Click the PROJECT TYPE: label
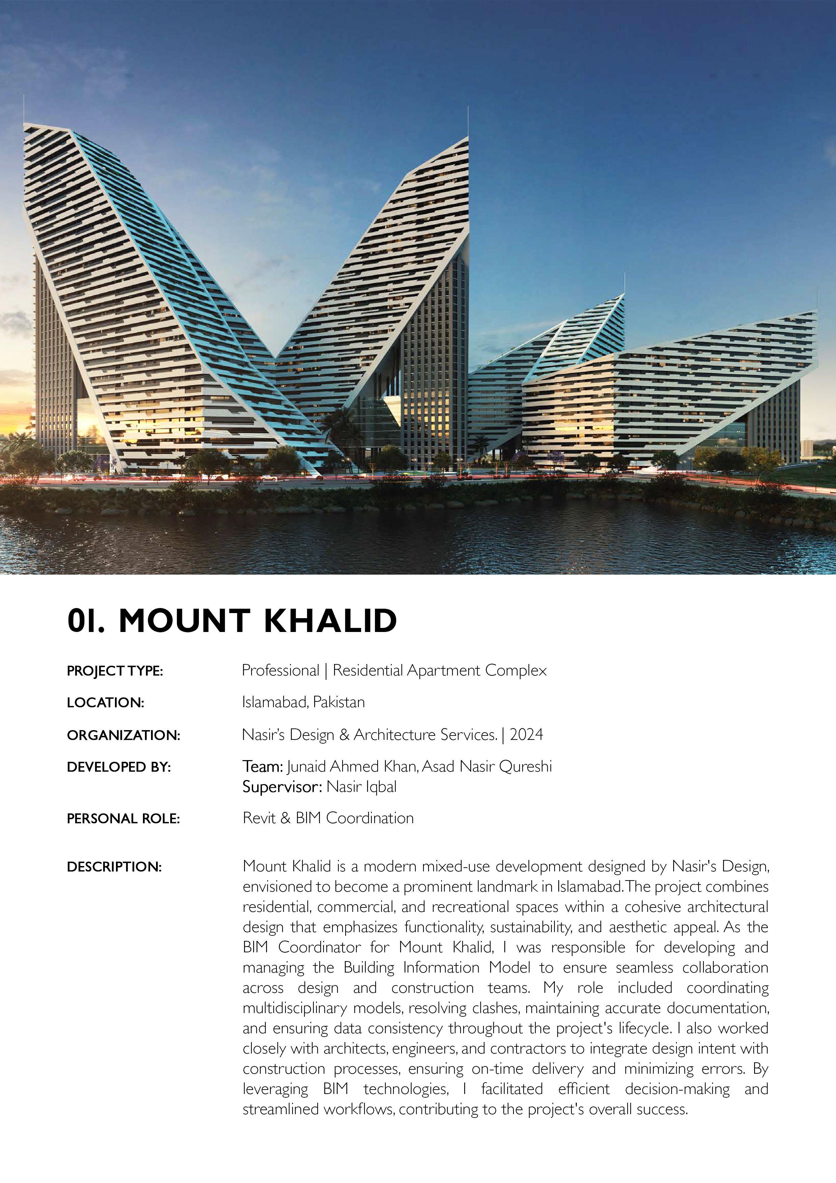pyautogui.click(x=115, y=671)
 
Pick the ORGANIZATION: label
pyautogui.click(x=124, y=735)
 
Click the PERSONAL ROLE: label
pyautogui.click(x=124, y=819)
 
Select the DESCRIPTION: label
pyautogui.click(x=114, y=867)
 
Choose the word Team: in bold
pyautogui.click(x=263, y=767)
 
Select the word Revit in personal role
pyautogui.click(x=260, y=818)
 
